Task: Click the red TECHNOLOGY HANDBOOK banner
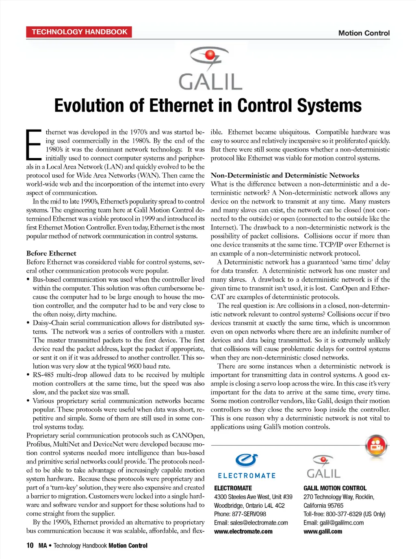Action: pos(79,32)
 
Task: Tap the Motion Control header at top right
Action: pos(364,33)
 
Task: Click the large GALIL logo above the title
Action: pos(210,69)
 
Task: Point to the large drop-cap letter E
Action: pos(34,145)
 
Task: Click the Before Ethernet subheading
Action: pos(51,253)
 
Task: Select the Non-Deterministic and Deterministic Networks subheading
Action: pos(285,175)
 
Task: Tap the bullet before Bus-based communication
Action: pos(28,279)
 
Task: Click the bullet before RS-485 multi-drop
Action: pos(28,375)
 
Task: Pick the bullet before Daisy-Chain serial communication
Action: pos(28,323)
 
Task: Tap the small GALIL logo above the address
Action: pos(323,467)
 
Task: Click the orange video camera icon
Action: pos(376,446)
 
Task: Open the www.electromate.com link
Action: pos(243,531)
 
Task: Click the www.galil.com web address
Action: pos(323,531)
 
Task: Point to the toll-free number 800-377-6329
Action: pos(343,514)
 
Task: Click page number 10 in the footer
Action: pos(30,546)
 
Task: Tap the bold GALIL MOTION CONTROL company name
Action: pos(335,488)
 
